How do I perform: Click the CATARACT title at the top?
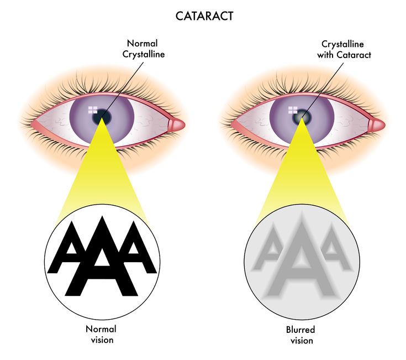(x=204, y=16)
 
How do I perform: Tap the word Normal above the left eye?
(x=142, y=43)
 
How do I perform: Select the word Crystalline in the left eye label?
(x=144, y=55)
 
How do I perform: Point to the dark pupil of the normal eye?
(x=102, y=117)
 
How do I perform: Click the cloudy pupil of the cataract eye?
(x=302, y=117)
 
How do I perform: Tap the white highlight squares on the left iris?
(x=93, y=110)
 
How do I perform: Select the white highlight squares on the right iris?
(x=293, y=110)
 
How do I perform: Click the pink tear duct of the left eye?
(x=176, y=124)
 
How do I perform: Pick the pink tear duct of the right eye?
(x=376, y=124)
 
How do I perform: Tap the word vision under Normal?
(x=102, y=340)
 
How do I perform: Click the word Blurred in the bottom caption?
(x=300, y=330)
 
